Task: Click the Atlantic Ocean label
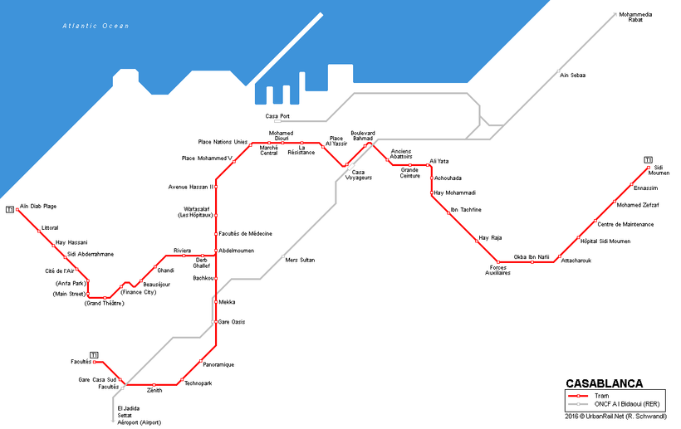(x=96, y=27)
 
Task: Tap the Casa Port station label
(x=277, y=115)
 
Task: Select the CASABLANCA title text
(x=604, y=383)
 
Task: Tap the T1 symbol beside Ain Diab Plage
(x=9, y=209)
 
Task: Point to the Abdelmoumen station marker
(x=216, y=251)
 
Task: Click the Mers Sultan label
(x=300, y=259)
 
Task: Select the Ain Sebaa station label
(x=572, y=76)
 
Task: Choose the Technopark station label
(x=198, y=383)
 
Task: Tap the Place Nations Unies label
(x=223, y=142)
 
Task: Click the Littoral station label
(x=50, y=227)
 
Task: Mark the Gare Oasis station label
(x=232, y=322)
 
